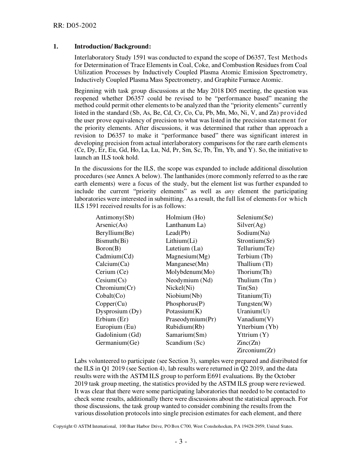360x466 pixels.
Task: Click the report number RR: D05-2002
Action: (75, 25)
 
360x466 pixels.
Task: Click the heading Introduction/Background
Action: (113, 47)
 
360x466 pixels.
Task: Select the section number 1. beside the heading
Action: (55, 47)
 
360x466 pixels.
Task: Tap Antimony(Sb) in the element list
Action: (115, 217)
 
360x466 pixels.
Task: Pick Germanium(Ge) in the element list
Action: (117, 343)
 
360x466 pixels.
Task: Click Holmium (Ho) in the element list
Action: (185, 217)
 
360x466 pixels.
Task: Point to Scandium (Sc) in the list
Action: (185, 343)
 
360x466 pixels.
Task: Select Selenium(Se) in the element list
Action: (255, 217)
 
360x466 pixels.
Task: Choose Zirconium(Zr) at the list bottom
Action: (256, 350)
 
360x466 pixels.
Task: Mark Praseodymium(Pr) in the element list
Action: (191, 319)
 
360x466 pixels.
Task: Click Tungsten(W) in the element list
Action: (254, 304)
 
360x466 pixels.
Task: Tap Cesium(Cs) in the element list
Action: (111, 280)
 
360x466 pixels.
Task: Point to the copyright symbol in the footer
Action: (75, 427)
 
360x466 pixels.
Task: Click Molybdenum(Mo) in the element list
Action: (190, 272)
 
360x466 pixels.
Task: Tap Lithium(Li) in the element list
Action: (182, 241)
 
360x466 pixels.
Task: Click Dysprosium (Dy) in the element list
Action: (118, 311)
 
